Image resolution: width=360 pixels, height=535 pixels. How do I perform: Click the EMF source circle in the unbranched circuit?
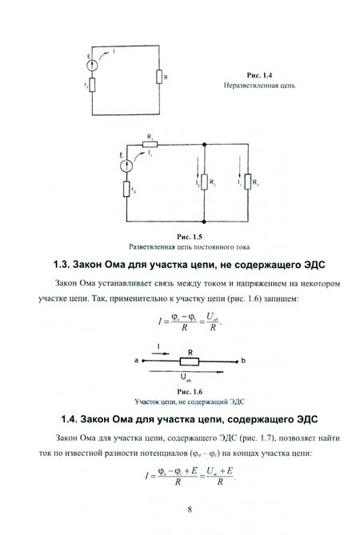tap(92, 65)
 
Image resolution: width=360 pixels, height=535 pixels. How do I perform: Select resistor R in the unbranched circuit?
tap(159, 77)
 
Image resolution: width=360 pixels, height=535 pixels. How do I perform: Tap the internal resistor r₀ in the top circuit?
tap(92, 85)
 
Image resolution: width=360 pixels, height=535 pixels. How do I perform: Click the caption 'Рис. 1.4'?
tap(259, 75)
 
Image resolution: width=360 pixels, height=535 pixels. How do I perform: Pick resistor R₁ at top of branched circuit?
tap(150, 144)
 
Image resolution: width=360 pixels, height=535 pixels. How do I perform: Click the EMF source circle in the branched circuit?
tap(126, 166)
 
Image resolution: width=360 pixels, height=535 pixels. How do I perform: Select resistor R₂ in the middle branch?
tap(204, 182)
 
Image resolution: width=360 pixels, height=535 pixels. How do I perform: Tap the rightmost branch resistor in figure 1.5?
tap(248, 182)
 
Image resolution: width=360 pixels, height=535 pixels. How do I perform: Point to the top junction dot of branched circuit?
tap(204, 144)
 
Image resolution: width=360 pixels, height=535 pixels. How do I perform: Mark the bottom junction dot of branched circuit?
tap(204, 222)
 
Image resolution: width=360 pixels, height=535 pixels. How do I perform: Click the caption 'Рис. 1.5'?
tap(190, 237)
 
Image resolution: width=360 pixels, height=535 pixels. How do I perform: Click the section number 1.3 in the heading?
tap(62, 265)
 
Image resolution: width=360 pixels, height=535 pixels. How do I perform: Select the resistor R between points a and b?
tap(190, 361)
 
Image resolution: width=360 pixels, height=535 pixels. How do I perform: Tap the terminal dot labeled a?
tap(143, 361)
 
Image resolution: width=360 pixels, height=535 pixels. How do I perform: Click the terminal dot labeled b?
tap(236, 361)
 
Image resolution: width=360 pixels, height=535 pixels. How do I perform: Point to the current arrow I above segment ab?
tap(160, 353)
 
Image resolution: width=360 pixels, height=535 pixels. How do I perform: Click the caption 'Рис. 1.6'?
tap(190, 392)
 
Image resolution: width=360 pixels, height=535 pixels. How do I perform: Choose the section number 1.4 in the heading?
tap(70, 419)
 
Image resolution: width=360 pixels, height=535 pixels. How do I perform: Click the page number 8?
tap(190, 509)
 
